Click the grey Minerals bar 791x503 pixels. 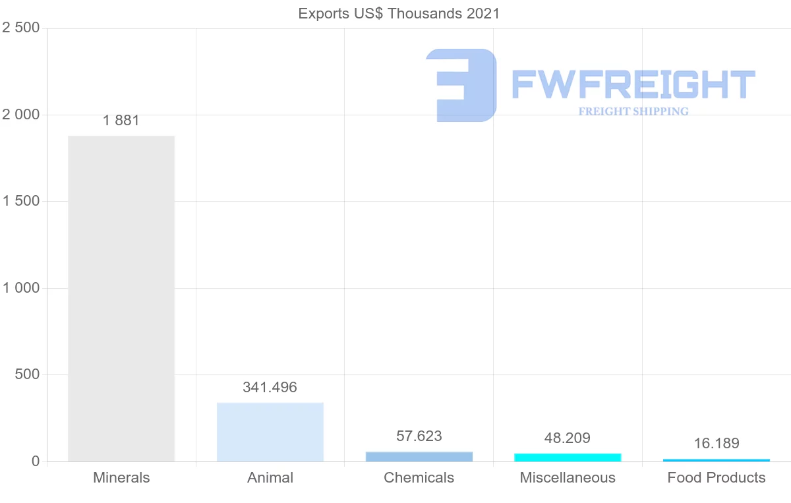click(121, 298)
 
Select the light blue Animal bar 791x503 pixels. click(270, 432)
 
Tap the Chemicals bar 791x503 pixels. click(419, 456)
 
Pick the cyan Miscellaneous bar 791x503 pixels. click(568, 457)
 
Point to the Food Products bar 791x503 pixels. click(717, 459)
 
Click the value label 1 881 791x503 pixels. click(121, 121)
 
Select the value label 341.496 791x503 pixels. click(270, 388)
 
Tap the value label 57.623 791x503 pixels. click(419, 436)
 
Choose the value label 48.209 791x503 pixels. click(568, 438)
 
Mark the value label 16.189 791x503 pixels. click(717, 443)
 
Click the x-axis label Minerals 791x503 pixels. click(121, 478)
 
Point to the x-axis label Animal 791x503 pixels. click(270, 478)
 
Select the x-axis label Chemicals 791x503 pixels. click(419, 478)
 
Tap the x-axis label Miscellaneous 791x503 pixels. click(568, 478)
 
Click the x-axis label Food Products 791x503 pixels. click(717, 478)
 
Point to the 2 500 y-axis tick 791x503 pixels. click(21, 28)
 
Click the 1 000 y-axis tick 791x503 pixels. click(21, 288)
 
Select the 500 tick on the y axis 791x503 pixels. click(28, 374)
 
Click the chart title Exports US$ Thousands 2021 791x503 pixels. click(399, 14)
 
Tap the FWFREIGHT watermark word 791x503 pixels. click(633, 84)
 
